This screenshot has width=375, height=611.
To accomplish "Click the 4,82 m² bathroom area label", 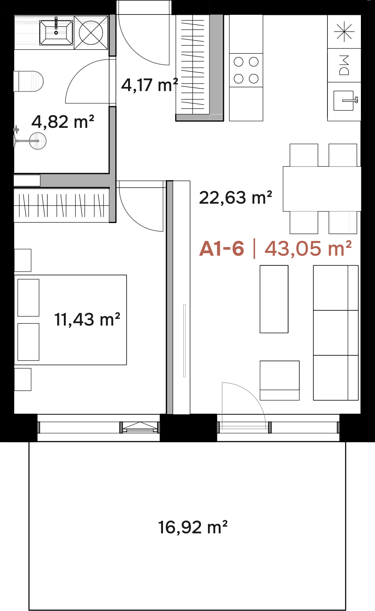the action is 63,122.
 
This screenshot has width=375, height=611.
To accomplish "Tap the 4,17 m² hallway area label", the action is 150,85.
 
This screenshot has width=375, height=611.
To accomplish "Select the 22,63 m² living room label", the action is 235,197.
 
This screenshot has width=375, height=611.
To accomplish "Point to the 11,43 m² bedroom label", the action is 87,319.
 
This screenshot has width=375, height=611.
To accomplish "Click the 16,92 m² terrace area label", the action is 193,527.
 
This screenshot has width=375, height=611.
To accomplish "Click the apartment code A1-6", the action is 222,249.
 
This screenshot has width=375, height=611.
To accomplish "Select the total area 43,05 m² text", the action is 308,249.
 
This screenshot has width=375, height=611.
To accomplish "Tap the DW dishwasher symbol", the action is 344,65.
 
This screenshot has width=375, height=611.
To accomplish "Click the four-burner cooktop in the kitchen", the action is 246,70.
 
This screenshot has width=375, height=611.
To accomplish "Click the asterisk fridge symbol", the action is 344,32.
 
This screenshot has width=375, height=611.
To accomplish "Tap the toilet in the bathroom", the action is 29,81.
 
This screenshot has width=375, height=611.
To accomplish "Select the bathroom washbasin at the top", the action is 56,32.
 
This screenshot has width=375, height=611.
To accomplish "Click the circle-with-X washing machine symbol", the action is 91,33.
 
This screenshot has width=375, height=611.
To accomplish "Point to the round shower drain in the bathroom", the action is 37,141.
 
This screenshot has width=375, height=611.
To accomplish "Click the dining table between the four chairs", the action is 322,189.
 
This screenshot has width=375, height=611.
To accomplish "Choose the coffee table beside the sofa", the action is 274,299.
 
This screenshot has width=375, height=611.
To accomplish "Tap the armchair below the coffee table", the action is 280,381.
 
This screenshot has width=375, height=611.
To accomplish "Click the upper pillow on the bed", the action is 28,298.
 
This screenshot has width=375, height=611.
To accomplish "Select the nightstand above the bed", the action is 23,260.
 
